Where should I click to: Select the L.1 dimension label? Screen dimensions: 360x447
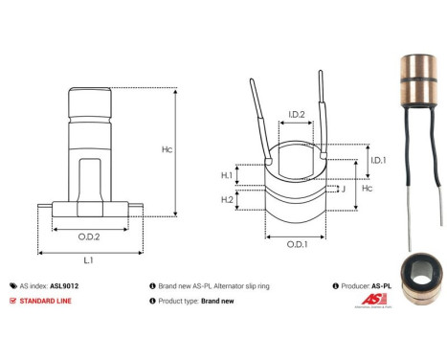(88, 259)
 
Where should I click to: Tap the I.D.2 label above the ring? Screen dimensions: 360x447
(297, 115)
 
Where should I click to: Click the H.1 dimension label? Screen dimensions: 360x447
(227, 175)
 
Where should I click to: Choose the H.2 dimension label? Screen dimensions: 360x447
(227, 199)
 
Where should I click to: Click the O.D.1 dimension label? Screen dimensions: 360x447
(297, 243)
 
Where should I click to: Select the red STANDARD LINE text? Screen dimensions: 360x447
(53, 301)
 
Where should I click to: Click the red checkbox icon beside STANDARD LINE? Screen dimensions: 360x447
(12, 301)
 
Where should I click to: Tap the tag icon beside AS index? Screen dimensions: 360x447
(12, 285)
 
